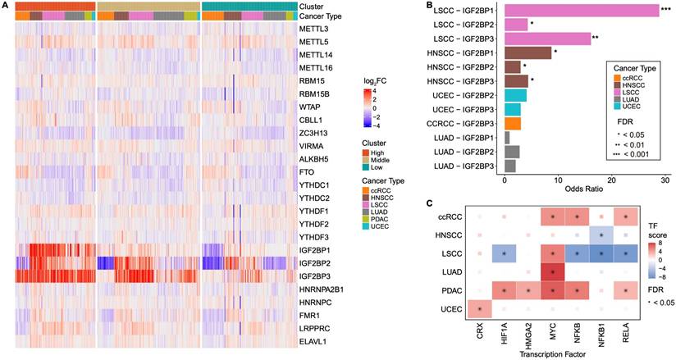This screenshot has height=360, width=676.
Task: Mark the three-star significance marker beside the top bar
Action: tap(666, 11)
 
